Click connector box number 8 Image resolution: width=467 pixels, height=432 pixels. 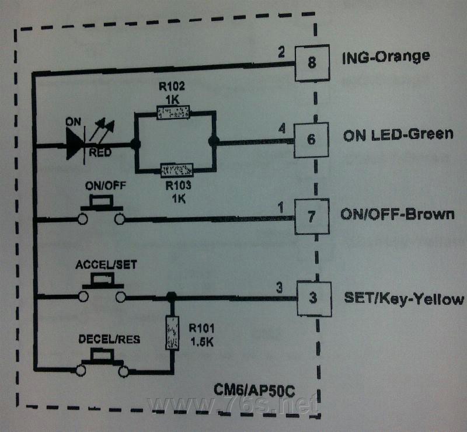click(x=312, y=63)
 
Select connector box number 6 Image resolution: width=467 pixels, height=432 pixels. click(x=311, y=140)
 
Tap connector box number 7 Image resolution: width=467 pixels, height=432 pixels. click(x=312, y=217)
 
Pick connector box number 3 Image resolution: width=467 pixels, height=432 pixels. click(x=314, y=298)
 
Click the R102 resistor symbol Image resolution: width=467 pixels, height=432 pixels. click(x=173, y=112)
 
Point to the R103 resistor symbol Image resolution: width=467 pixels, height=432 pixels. click(x=177, y=170)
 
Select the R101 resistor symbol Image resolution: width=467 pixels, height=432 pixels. click(x=172, y=333)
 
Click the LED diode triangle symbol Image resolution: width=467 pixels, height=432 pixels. click(x=75, y=145)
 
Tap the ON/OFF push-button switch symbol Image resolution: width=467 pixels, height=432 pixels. click(x=102, y=210)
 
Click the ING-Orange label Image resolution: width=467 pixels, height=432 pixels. click(x=386, y=57)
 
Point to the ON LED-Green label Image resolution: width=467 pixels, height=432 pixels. click(x=398, y=135)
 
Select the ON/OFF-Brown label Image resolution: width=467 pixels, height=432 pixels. click(x=398, y=214)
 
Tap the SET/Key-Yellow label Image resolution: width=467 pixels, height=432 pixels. click(x=404, y=298)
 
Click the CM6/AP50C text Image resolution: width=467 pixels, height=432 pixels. click(x=255, y=391)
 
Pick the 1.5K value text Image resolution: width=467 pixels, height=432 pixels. click(x=202, y=342)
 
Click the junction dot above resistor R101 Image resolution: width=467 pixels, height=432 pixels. click(x=171, y=297)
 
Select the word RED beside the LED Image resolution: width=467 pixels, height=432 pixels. click(x=100, y=153)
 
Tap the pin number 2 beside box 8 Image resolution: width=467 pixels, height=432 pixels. click(x=281, y=52)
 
